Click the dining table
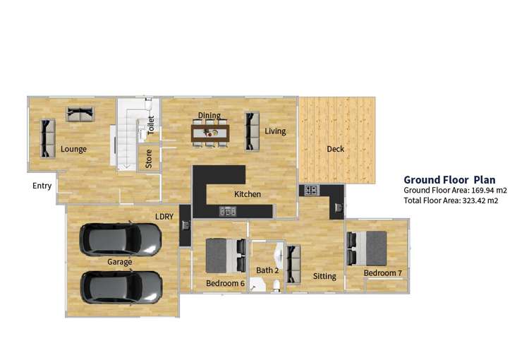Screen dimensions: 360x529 [210, 132]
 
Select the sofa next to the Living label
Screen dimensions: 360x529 [251, 131]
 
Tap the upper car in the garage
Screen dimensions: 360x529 [121, 240]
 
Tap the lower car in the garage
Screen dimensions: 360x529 [121, 287]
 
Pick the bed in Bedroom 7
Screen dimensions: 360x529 [369, 248]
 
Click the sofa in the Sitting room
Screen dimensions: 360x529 [293, 262]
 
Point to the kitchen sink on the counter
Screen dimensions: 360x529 [228, 210]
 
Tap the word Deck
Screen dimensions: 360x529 [335, 149]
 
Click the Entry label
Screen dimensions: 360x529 [42, 186]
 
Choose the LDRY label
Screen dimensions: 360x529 [164, 216]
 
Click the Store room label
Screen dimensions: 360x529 [149, 158]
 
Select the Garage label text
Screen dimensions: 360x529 [119, 262]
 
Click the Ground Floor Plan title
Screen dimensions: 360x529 [449, 180]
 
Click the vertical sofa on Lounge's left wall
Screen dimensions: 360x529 [47, 138]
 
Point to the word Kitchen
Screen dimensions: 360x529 [248, 194]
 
